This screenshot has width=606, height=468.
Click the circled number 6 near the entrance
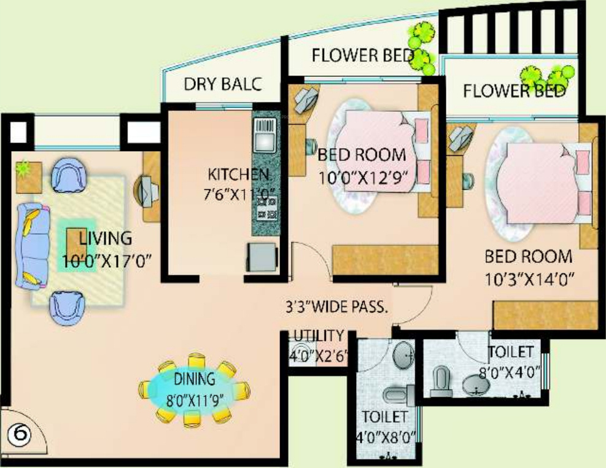pyautogui.click(x=20, y=435)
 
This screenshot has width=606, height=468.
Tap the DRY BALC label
pyautogui.click(x=223, y=84)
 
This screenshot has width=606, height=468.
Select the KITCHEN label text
pyautogui.click(x=238, y=173)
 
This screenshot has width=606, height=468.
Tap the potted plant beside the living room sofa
pyautogui.click(x=26, y=168)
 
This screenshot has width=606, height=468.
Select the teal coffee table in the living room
pyautogui.click(x=77, y=244)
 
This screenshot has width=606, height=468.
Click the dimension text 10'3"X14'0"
pyautogui.click(x=529, y=279)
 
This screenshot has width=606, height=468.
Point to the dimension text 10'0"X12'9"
pyautogui.click(x=363, y=178)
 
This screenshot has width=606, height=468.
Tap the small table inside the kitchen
pyautogui.click(x=262, y=255)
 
